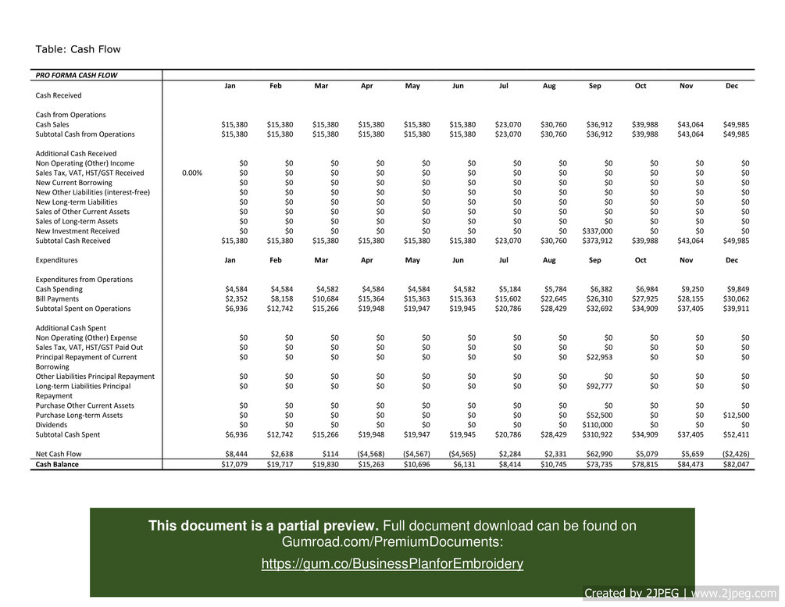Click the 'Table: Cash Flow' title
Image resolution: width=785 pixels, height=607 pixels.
tap(78, 50)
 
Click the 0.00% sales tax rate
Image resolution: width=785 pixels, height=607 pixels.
tap(192, 173)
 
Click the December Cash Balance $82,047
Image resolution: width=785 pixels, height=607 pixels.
tap(734, 464)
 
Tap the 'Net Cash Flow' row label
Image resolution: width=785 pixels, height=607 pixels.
tap(59, 454)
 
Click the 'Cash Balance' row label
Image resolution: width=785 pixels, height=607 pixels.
tap(57, 464)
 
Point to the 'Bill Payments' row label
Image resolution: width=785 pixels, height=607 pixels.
tap(57, 299)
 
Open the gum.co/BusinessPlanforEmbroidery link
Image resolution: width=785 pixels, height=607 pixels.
tap(392, 564)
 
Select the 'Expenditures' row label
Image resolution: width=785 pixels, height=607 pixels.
tap(57, 260)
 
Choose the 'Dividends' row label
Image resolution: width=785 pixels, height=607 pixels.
tap(53, 425)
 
